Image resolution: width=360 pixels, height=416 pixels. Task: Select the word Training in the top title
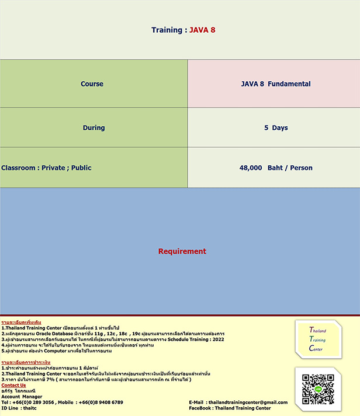[x=166, y=30]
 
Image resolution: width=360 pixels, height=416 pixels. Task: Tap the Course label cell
[x=92, y=84]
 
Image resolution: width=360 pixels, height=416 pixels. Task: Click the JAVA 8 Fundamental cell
[x=276, y=84]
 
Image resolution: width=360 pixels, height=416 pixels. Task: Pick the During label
[x=94, y=128]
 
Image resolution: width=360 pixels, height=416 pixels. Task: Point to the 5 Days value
[x=276, y=128]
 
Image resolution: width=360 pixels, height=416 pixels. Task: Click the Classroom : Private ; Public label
[x=47, y=168]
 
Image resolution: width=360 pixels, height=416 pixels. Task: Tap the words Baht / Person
[x=290, y=168]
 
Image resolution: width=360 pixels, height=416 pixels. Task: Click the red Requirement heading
[x=182, y=252]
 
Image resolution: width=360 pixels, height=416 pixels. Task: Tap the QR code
[x=318, y=389]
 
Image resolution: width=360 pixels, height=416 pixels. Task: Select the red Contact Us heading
[x=13, y=386]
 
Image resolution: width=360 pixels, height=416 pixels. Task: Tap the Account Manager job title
[x=22, y=397]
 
